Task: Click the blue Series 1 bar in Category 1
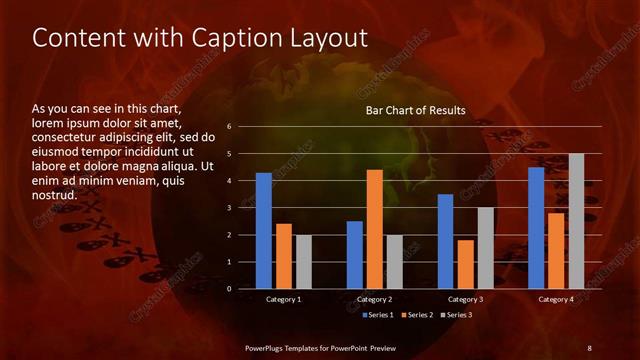coord(263,231)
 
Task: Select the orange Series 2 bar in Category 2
coord(375,229)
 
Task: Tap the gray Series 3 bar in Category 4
coord(576,221)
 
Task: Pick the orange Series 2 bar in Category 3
coord(466,264)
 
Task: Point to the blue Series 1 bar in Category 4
coord(536,228)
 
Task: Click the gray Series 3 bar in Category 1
coord(303,262)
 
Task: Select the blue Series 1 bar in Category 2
coord(355,255)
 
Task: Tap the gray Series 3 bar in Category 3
coord(485,248)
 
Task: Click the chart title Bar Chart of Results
coord(415,110)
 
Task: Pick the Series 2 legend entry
coord(416,315)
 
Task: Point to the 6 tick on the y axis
coord(230,127)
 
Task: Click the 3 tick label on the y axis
coord(230,208)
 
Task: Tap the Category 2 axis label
coord(374,299)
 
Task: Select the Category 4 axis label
coord(556,299)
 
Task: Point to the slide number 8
coord(589,347)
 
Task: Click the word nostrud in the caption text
coord(55,194)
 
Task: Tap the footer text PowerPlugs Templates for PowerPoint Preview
coord(320,347)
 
